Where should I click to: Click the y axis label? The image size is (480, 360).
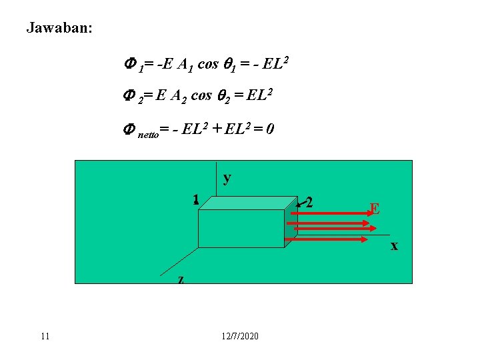pos(227,178)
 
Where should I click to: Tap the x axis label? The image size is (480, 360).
pos(394,245)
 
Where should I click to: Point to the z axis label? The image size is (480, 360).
pos(181,279)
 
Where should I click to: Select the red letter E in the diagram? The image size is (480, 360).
pos(375,209)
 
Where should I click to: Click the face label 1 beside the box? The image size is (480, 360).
pos(195,199)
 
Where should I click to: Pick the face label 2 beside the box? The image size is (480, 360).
pos(309,201)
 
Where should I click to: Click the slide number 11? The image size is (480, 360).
pos(45,335)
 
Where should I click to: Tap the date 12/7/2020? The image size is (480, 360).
pos(240,335)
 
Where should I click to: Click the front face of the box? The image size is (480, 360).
pos(241,229)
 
